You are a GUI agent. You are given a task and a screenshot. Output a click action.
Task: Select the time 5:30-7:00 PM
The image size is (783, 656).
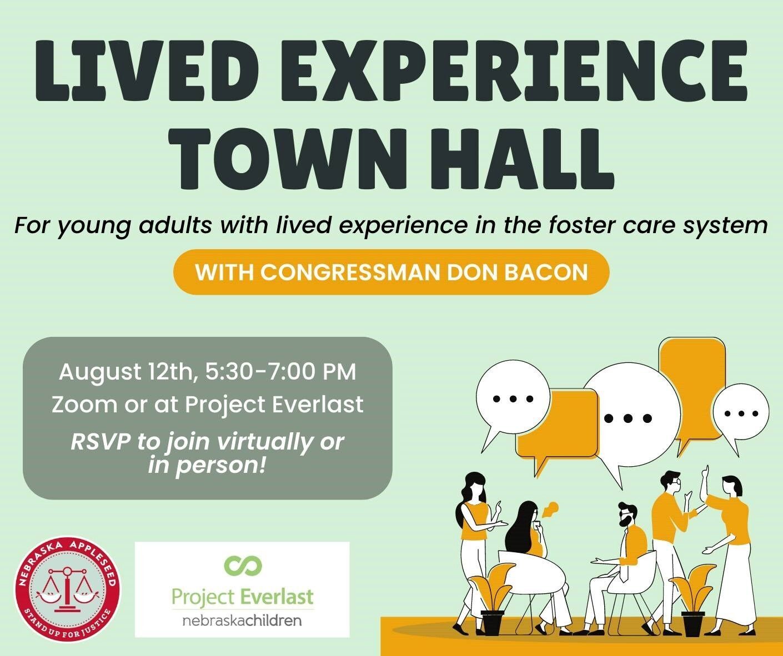280,372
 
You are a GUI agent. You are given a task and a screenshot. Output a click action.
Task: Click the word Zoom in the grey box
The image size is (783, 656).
85,405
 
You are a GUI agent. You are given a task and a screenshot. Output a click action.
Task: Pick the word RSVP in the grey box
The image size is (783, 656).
101,442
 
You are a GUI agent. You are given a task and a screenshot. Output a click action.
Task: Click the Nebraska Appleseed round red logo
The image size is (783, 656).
68,589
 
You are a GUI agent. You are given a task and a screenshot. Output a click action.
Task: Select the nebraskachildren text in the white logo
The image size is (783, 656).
242,620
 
